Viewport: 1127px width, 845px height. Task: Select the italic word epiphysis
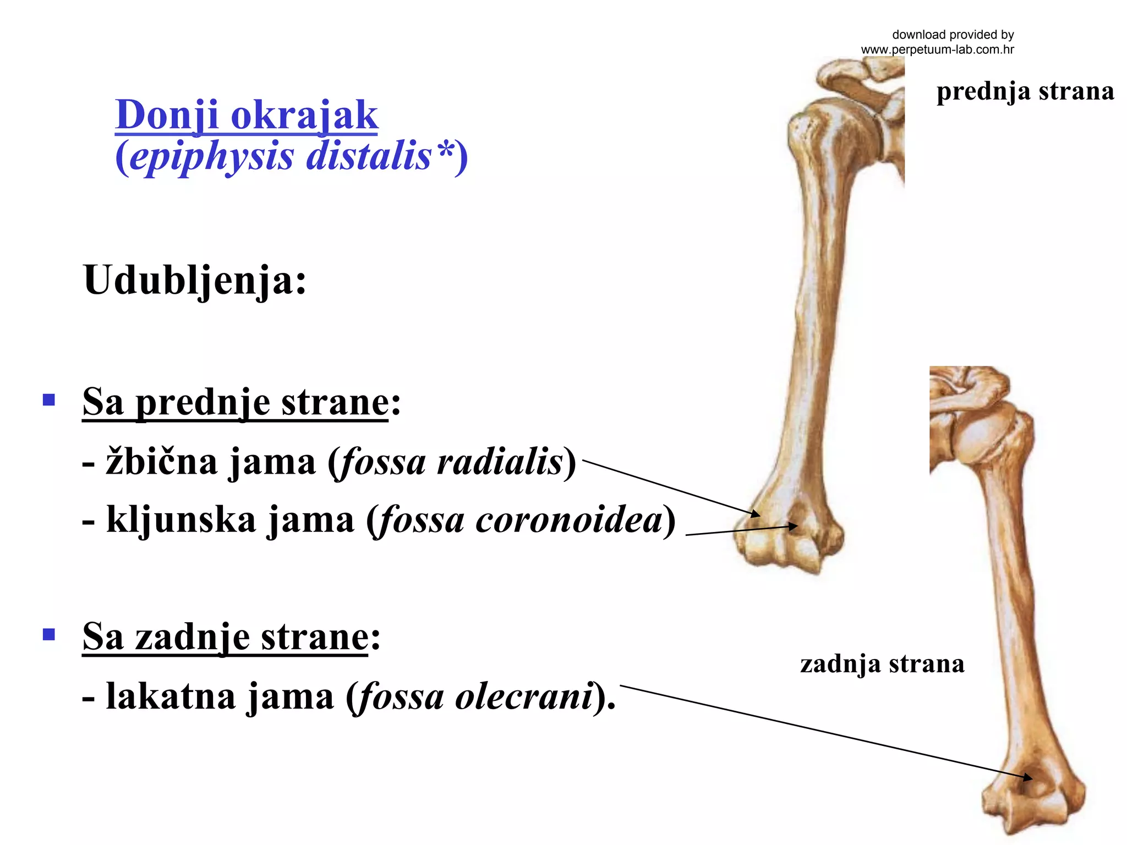pos(212,157)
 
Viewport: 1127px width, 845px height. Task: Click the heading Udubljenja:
pos(194,280)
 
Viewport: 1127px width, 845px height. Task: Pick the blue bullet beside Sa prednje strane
pos(49,399)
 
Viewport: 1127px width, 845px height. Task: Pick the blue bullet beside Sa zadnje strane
pos(49,635)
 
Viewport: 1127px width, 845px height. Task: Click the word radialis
pos(500,462)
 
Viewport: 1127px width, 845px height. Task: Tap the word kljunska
pos(181,520)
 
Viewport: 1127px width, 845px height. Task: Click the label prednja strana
pos(1025,91)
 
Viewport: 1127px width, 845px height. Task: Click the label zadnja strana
pos(882,664)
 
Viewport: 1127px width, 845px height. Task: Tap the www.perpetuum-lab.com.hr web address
pos(937,50)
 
